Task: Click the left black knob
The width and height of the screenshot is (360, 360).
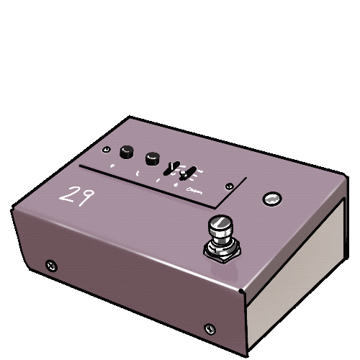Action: point(127,151)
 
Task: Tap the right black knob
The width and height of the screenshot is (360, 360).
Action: point(152,158)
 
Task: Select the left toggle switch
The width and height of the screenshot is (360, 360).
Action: point(172,168)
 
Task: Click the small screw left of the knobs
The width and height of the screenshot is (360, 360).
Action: point(107,151)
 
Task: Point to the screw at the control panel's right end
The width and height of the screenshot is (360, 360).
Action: point(230,184)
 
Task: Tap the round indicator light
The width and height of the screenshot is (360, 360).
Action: point(271,199)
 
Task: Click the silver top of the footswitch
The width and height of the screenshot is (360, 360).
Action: point(218,225)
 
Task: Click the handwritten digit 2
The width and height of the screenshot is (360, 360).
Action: point(68,195)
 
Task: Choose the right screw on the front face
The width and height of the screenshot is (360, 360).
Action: point(210,328)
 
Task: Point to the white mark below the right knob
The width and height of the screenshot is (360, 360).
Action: point(138,174)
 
